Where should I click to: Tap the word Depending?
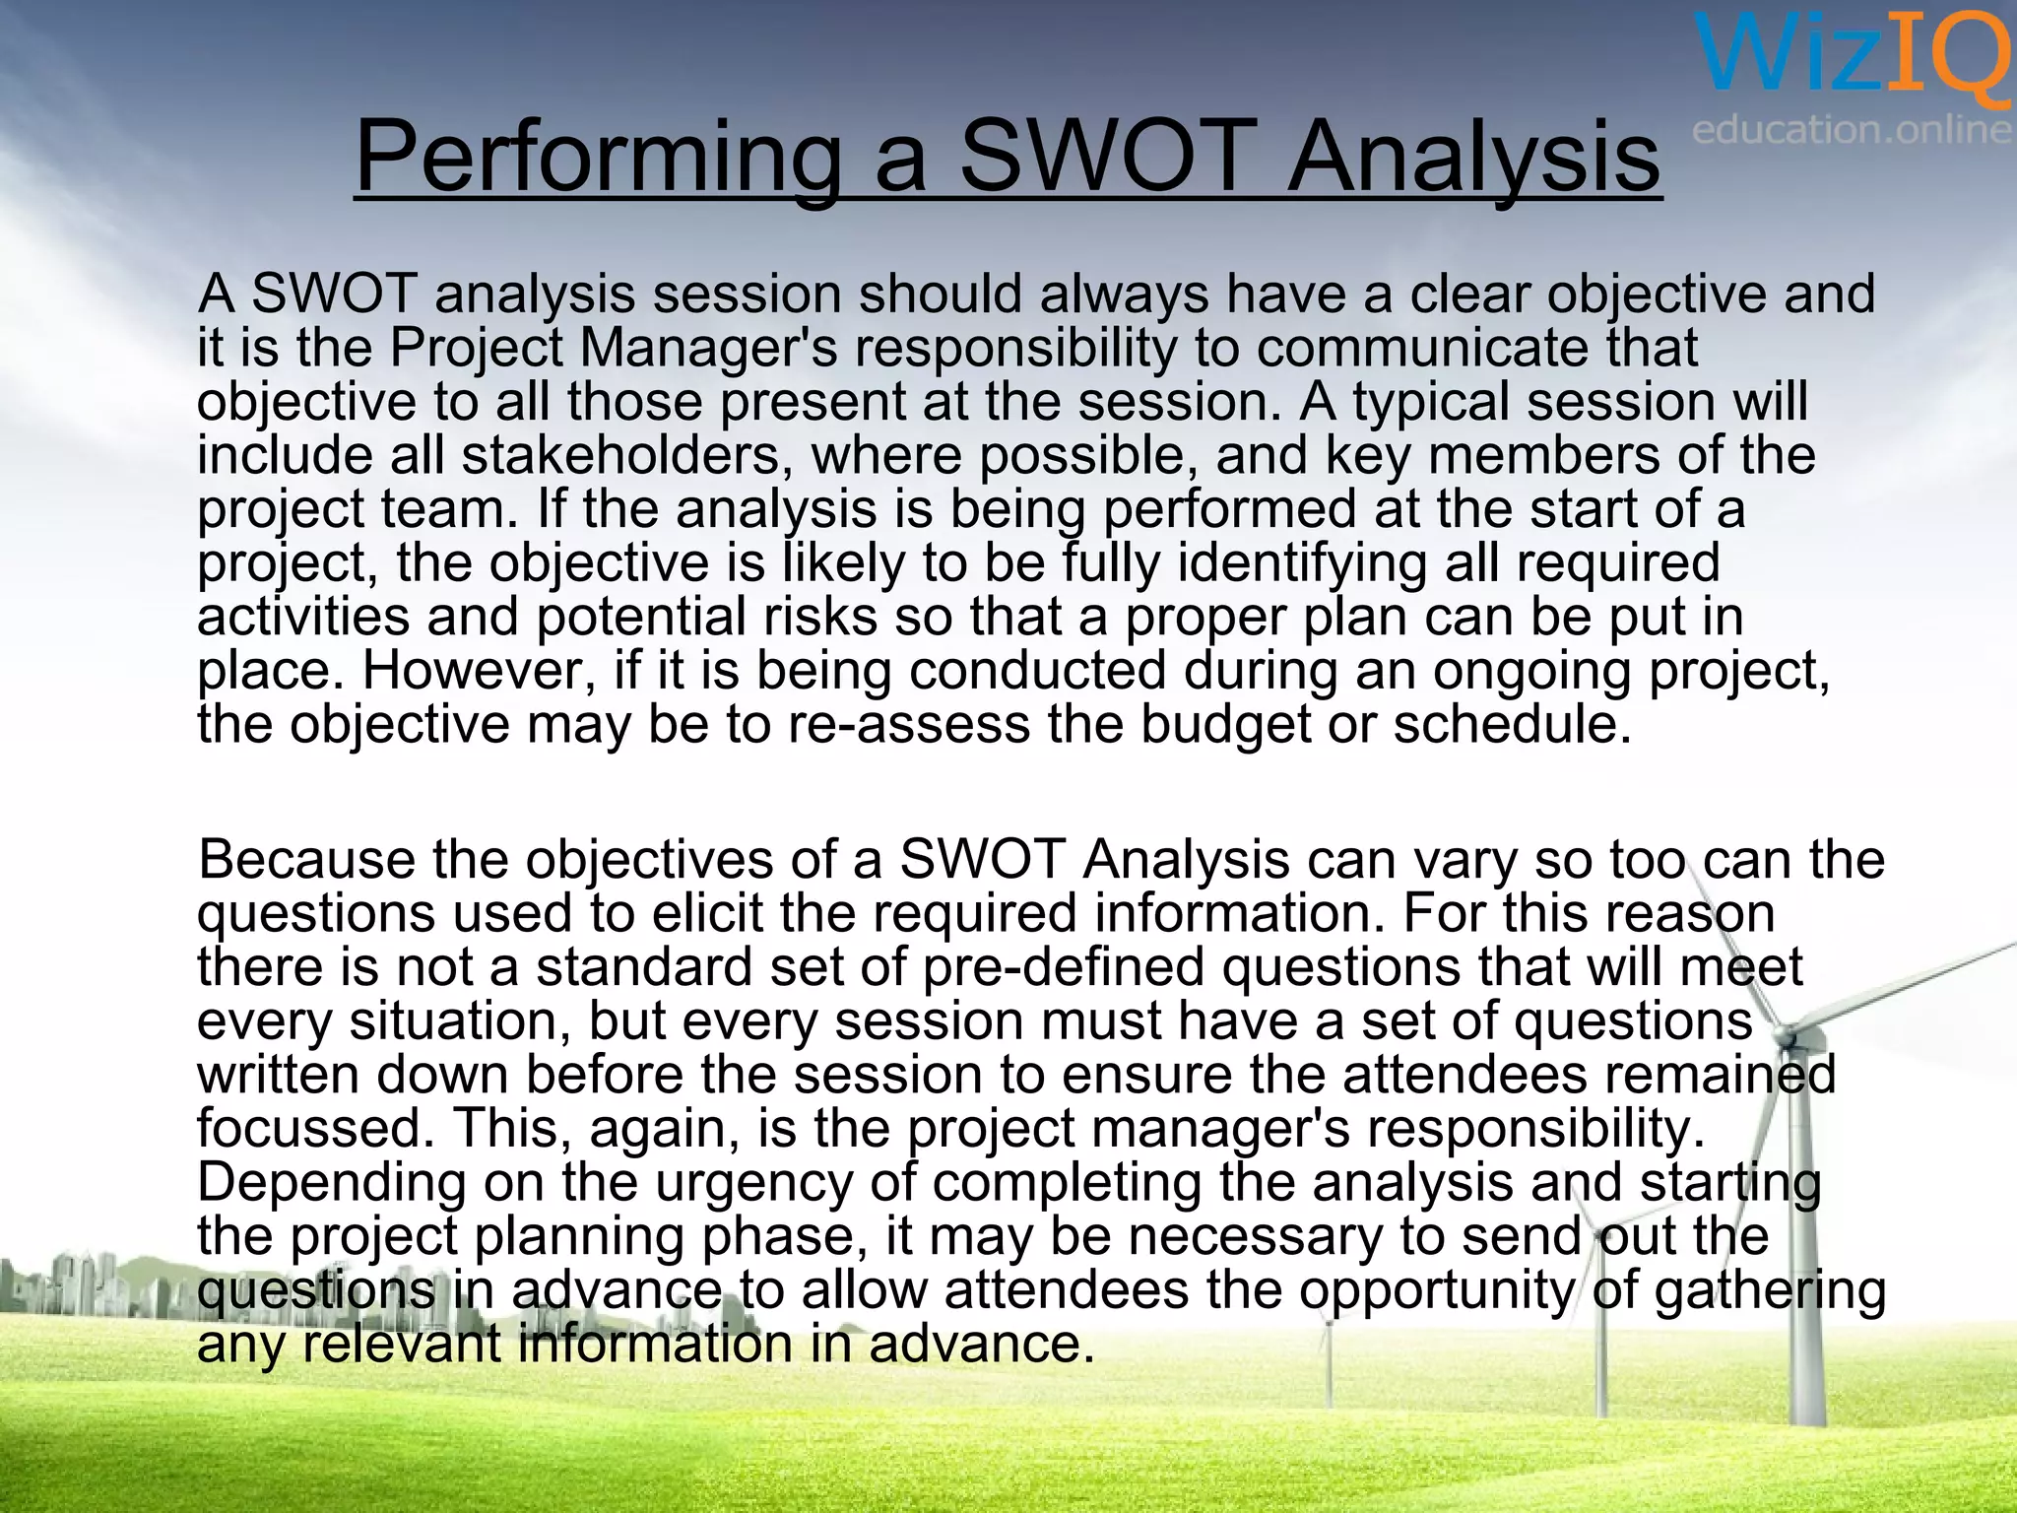coord(332,1182)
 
